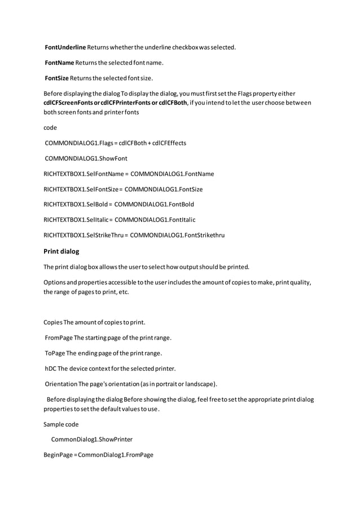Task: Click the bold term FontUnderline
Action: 65,47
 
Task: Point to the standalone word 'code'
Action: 50,128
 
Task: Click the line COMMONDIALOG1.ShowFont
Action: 86,159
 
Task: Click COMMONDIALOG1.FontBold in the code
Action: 154,204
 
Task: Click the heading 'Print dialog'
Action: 62,251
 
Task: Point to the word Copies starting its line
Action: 53,323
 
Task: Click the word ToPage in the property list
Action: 55,353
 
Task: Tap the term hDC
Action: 51,369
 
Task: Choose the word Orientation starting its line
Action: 61,384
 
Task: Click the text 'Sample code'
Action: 61,424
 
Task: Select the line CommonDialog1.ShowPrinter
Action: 91,439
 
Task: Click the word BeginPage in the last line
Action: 59,454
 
